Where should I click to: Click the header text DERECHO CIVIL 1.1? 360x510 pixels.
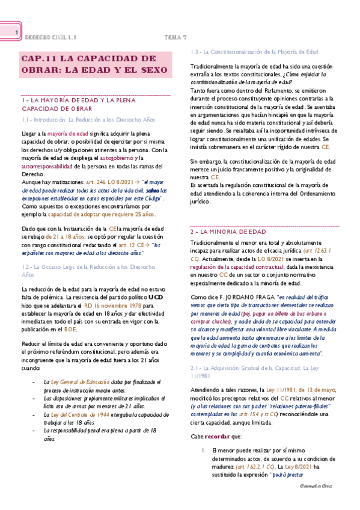point(51,37)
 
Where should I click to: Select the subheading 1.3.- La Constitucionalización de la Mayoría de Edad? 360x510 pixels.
point(254,52)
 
